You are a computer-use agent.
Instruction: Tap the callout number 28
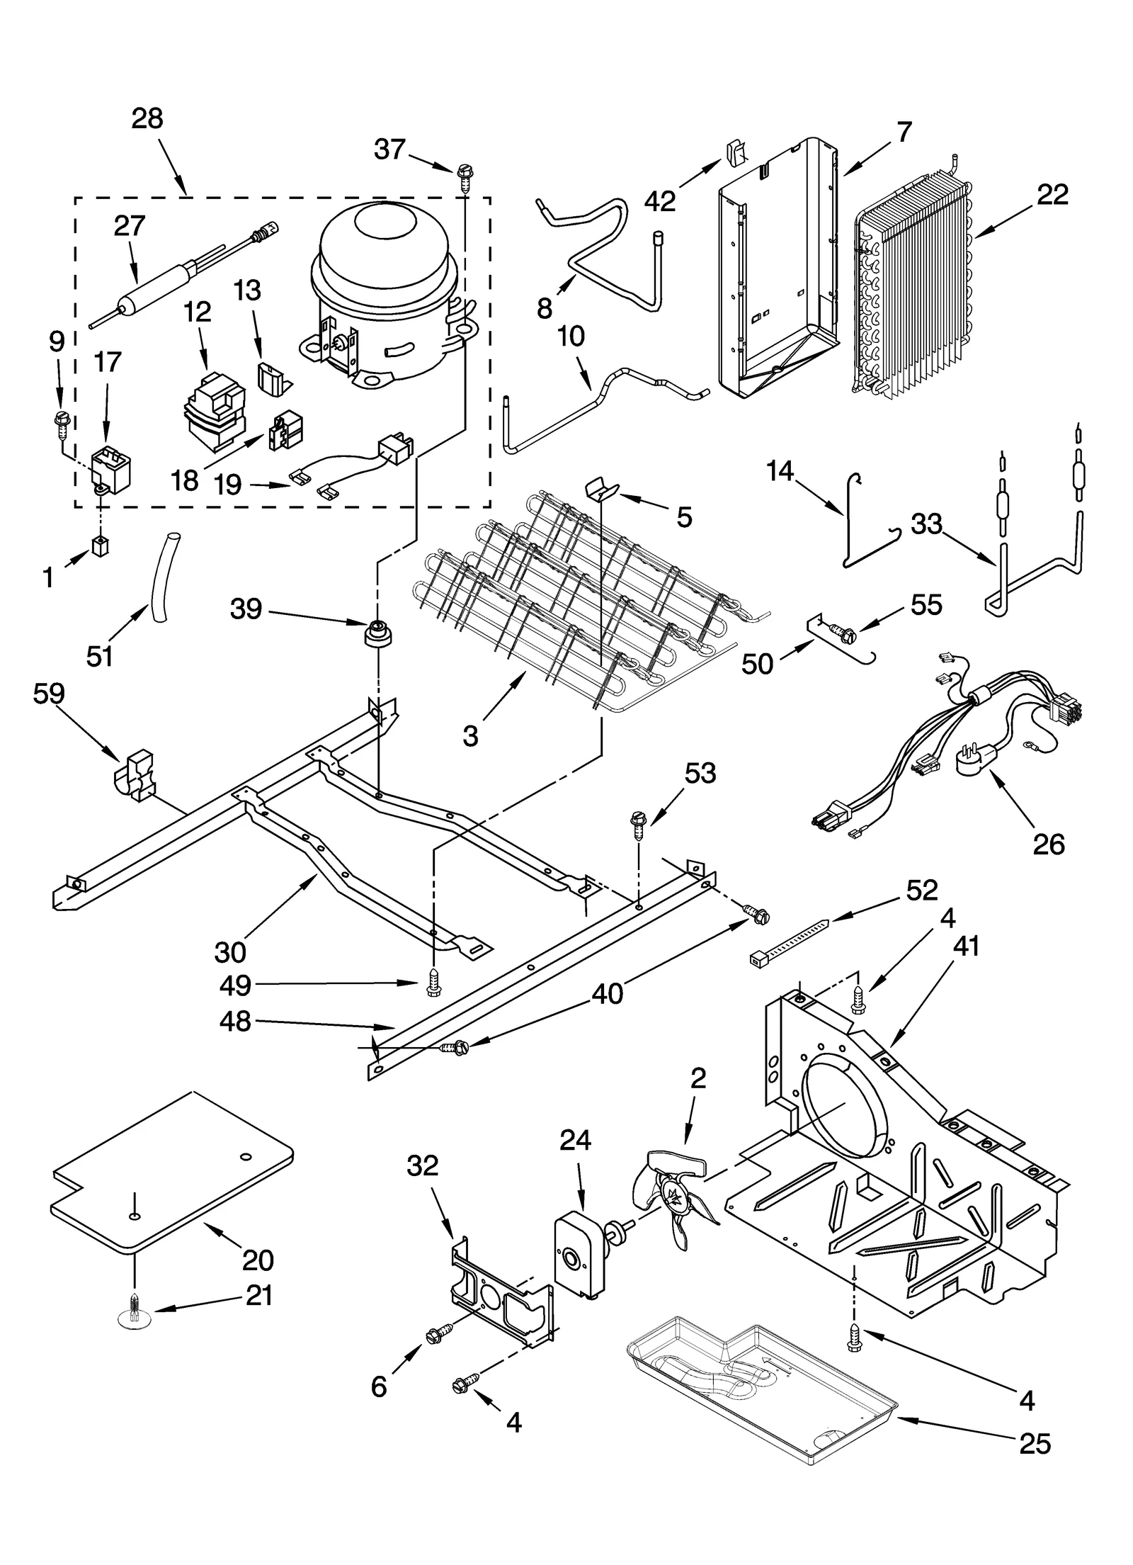coord(147,119)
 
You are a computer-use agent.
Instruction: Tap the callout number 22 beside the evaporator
coord(1052,195)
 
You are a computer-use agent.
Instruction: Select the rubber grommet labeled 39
coord(377,631)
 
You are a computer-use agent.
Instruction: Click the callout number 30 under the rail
coord(230,953)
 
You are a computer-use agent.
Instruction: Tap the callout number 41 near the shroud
coord(966,946)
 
